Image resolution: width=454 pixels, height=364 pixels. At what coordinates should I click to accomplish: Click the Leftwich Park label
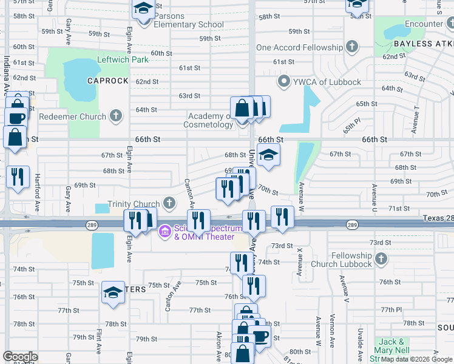coord(123,61)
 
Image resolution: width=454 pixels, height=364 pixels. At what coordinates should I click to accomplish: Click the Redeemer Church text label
coord(72,116)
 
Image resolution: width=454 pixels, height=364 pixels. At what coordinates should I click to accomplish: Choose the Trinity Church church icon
coord(169,204)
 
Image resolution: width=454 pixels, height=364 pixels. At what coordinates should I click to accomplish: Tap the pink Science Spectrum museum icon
coord(164,232)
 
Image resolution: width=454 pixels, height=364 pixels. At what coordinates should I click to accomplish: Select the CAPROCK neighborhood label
coord(107,81)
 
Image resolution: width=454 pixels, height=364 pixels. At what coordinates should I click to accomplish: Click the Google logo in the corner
coord(20,357)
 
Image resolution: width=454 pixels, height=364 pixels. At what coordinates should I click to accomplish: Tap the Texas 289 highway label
coord(438,218)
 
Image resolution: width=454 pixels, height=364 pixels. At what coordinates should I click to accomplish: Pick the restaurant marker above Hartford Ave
coord(17,177)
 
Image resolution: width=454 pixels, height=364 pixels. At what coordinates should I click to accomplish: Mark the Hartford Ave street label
coord(37,198)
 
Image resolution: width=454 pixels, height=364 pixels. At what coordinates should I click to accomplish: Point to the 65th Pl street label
coord(348,128)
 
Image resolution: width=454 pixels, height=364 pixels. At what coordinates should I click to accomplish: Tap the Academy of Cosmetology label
coord(210,120)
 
